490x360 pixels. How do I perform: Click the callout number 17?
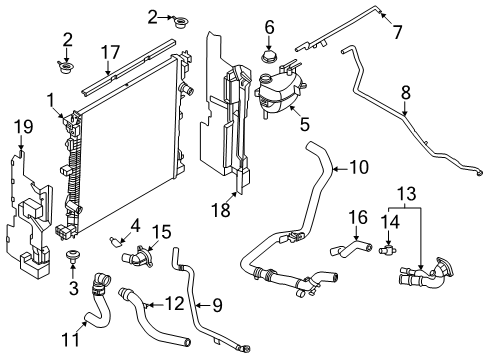click(110, 52)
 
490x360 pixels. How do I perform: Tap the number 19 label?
click(24, 127)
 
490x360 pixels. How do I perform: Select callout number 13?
click(407, 194)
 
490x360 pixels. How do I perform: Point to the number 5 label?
click(305, 124)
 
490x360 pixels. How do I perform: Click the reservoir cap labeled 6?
click(269, 57)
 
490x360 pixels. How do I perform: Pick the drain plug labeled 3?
click(72, 255)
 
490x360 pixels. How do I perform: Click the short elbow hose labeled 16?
click(351, 250)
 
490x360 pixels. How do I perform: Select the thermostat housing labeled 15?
click(138, 256)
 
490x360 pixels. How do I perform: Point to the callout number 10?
click(359, 167)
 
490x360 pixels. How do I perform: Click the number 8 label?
click(406, 93)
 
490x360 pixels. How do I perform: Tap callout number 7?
click(397, 32)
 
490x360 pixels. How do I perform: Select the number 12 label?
click(175, 304)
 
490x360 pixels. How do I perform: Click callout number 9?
click(217, 305)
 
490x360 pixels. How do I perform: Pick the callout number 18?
click(221, 210)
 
